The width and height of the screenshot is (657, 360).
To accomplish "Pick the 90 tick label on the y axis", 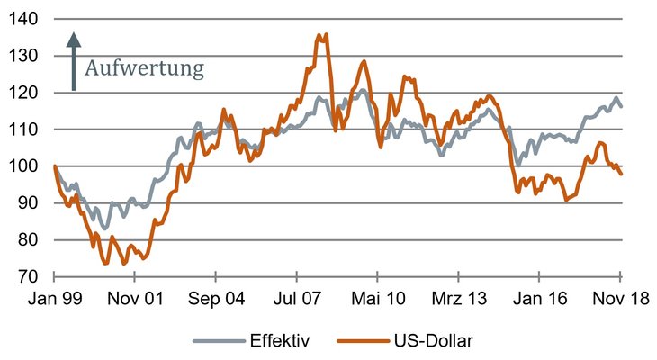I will click(x=28, y=203).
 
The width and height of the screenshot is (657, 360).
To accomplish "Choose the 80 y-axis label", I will click(x=28, y=240).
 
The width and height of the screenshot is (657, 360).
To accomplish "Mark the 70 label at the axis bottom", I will click(x=28, y=277).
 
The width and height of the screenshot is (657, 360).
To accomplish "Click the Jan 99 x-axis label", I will click(x=55, y=299).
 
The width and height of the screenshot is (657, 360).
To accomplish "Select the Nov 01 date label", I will click(x=136, y=299).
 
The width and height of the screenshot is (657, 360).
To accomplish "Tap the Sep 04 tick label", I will click(x=217, y=299).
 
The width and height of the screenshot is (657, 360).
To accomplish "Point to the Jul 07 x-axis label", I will click(x=298, y=299).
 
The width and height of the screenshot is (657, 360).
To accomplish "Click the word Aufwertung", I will click(x=145, y=67).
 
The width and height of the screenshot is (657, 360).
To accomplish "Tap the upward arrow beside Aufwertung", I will click(x=74, y=61).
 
